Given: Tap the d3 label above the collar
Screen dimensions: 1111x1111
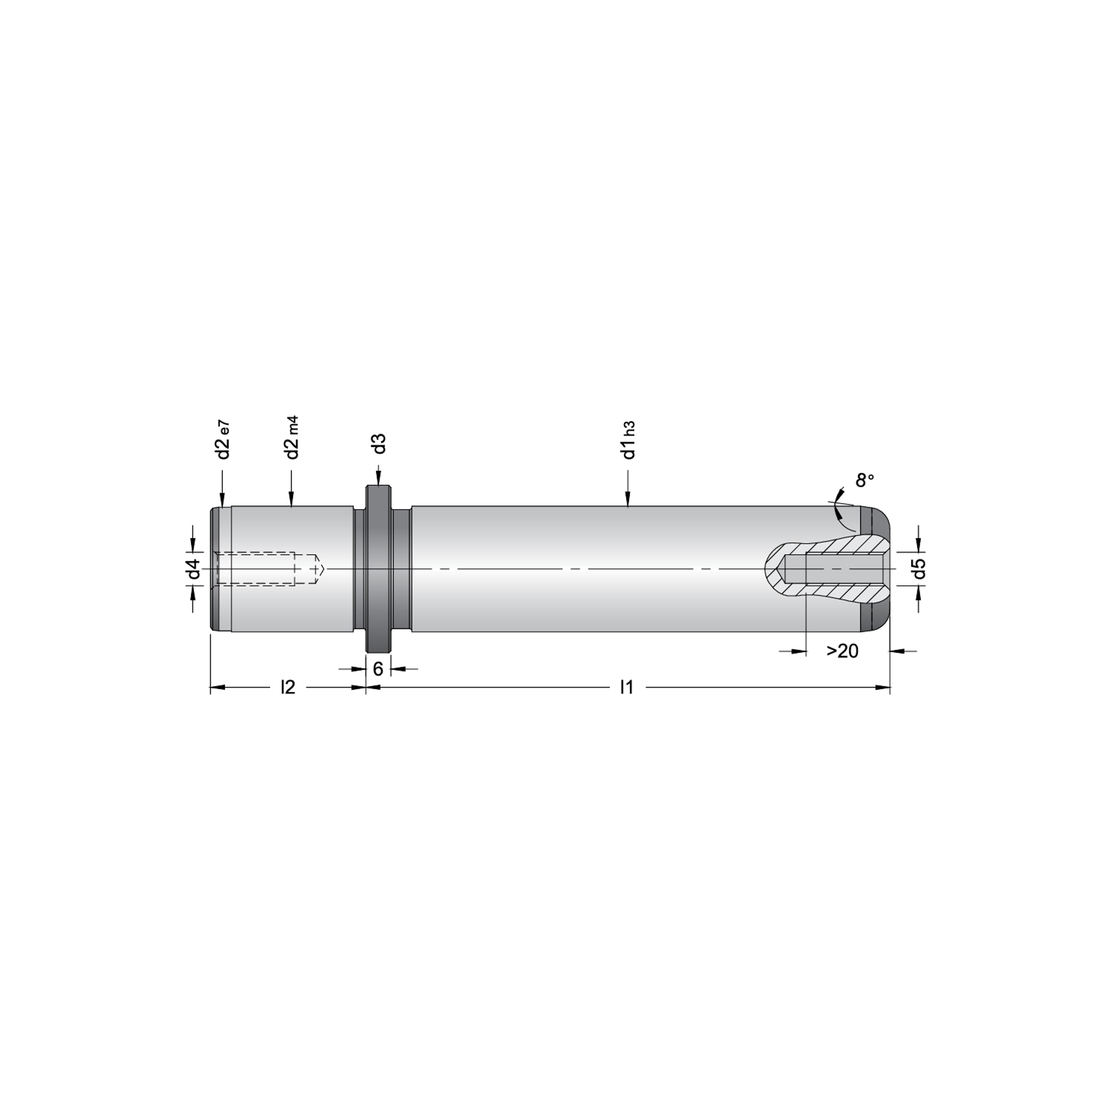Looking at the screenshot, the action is click(x=378, y=444).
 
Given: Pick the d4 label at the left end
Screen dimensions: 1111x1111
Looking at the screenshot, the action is click(x=194, y=569).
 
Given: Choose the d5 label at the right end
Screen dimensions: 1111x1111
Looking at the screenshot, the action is click(x=920, y=569).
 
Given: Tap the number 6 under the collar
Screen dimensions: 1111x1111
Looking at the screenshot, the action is click(x=378, y=669).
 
